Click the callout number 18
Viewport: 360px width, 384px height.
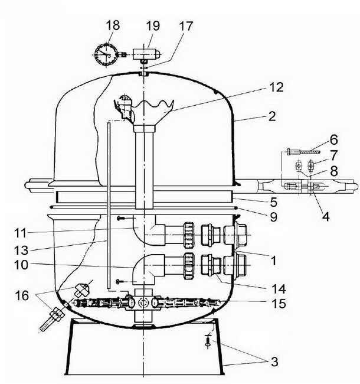click(112, 25)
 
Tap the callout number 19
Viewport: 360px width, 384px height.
click(152, 25)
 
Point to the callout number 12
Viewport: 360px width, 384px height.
click(276, 87)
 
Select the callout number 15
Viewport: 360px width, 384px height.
click(279, 304)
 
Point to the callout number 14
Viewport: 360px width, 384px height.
click(279, 289)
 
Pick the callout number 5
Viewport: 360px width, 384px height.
click(273, 200)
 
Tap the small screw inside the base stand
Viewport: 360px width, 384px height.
click(207, 341)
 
